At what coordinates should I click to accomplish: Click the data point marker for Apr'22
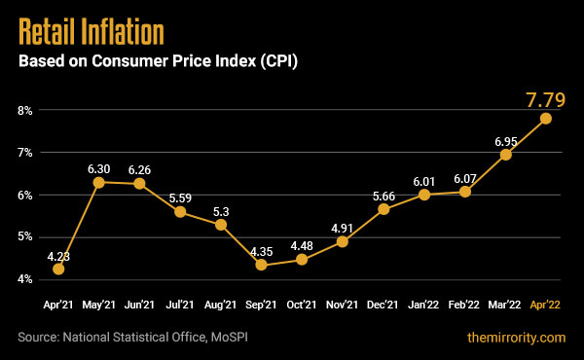[x=546, y=119]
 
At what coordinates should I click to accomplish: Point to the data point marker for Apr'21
[x=58, y=269]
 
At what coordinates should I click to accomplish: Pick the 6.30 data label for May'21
[x=99, y=165]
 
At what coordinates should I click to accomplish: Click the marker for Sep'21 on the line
[x=262, y=264]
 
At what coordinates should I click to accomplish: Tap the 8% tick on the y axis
[x=23, y=111]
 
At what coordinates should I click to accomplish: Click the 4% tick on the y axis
[x=23, y=280]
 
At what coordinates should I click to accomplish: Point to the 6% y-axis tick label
[x=23, y=196]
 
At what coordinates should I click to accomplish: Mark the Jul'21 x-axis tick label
[x=180, y=305]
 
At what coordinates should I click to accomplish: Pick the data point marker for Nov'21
[x=343, y=240]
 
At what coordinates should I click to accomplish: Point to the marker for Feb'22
[x=465, y=192]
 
